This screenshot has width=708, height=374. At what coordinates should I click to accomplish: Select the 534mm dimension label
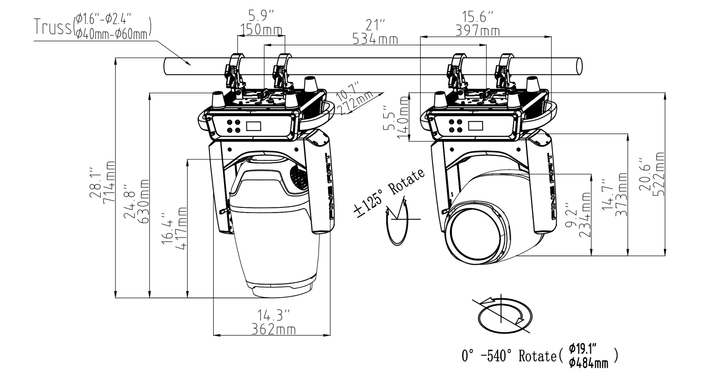[x=375, y=39]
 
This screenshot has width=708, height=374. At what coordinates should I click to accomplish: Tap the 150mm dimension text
[x=261, y=30]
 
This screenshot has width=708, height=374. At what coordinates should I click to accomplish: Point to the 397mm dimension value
[x=478, y=31]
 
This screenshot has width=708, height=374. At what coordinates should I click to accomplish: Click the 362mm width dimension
[x=273, y=329]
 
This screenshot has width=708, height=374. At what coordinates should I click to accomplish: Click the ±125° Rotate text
[x=389, y=193]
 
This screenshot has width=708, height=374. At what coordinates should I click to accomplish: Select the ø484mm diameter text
[x=588, y=363]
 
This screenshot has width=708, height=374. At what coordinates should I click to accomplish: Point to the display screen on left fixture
[x=253, y=126]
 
